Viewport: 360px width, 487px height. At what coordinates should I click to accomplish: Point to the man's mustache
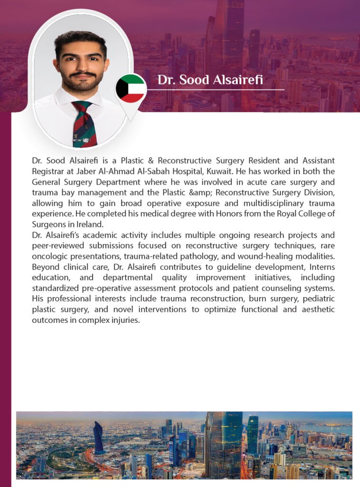pos(82,74)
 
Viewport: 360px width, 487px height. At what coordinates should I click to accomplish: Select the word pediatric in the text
pos(318,298)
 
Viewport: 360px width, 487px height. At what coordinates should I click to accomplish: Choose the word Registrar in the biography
pos(49,172)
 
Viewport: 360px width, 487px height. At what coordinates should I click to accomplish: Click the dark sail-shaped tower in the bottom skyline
pos(98,438)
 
